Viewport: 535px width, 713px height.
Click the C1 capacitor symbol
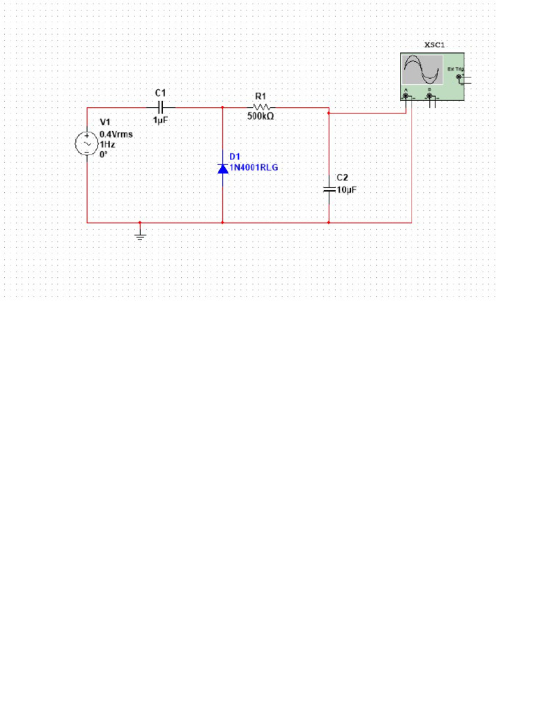(161, 108)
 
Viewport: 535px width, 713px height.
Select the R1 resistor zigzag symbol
(262, 108)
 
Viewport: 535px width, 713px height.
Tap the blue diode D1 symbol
(222, 168)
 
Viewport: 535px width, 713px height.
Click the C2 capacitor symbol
(329, 189)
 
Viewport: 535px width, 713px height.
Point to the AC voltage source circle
(87, 143)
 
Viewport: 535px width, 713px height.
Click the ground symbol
(140, 235)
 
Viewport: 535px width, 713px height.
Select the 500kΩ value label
(261, 117)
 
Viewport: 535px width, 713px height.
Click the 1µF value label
(160, 120)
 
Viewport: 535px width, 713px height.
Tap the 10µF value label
(346, 190)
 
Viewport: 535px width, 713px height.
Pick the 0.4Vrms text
(116, 134)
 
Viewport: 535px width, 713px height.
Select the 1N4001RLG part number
(258, 168)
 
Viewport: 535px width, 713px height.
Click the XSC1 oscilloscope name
(435, 45)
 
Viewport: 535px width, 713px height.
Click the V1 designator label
(106, 123)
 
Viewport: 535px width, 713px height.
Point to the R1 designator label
(261, 96)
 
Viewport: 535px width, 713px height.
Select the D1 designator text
(234, 157)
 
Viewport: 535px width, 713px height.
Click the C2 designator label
(343, 179)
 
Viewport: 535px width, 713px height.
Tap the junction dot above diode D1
(222, 108)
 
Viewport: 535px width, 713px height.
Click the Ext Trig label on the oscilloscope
(455, 69)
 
